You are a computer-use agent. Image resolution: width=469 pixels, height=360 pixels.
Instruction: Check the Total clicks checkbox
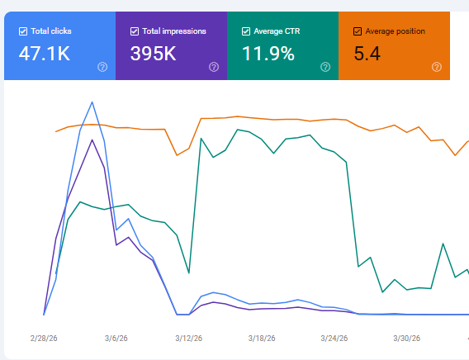[x=23, y=31]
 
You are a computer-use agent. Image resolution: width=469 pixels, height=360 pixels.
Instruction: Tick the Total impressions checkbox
[x=135, y=31]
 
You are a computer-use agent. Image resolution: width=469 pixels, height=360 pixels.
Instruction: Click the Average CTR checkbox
[x=246, y=31]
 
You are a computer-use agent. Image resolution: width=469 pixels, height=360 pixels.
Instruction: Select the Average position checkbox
[x=358, y=31]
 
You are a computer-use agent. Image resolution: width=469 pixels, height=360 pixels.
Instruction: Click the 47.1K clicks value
[x=45, y=54]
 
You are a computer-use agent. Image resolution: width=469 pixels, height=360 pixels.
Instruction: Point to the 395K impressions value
[x=153, y=54]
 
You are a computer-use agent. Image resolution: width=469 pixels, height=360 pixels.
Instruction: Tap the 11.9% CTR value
[x=268, y=54]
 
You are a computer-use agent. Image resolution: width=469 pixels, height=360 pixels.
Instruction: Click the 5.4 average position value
[x=367, y=54]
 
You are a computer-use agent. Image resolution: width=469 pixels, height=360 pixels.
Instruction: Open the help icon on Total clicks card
[x=102, y=67]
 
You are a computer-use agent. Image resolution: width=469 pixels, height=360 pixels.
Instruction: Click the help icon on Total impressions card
[x=214, y=67]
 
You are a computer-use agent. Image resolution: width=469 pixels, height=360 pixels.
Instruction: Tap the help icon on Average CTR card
[x=325, y=67]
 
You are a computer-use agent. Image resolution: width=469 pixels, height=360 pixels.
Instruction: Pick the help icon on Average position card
[x=437, y=67]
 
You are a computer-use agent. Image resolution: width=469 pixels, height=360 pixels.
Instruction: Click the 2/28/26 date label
[x=44, y=339]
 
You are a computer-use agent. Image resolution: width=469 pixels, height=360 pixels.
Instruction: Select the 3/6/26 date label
[x=116, y=339]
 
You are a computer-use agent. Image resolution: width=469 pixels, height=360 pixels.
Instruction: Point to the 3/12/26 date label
[x=189, y=339]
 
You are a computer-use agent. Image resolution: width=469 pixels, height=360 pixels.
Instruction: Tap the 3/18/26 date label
[x=262, y=339]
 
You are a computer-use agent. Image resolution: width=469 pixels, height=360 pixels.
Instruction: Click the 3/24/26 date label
[x=334, y=339]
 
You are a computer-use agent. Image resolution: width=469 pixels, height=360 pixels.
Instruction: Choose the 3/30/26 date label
[x=407, y=339]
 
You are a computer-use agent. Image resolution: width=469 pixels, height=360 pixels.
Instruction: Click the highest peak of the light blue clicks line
[x=92, y=102]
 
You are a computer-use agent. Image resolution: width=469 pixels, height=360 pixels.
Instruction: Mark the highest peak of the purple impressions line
[x=92, y=140]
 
